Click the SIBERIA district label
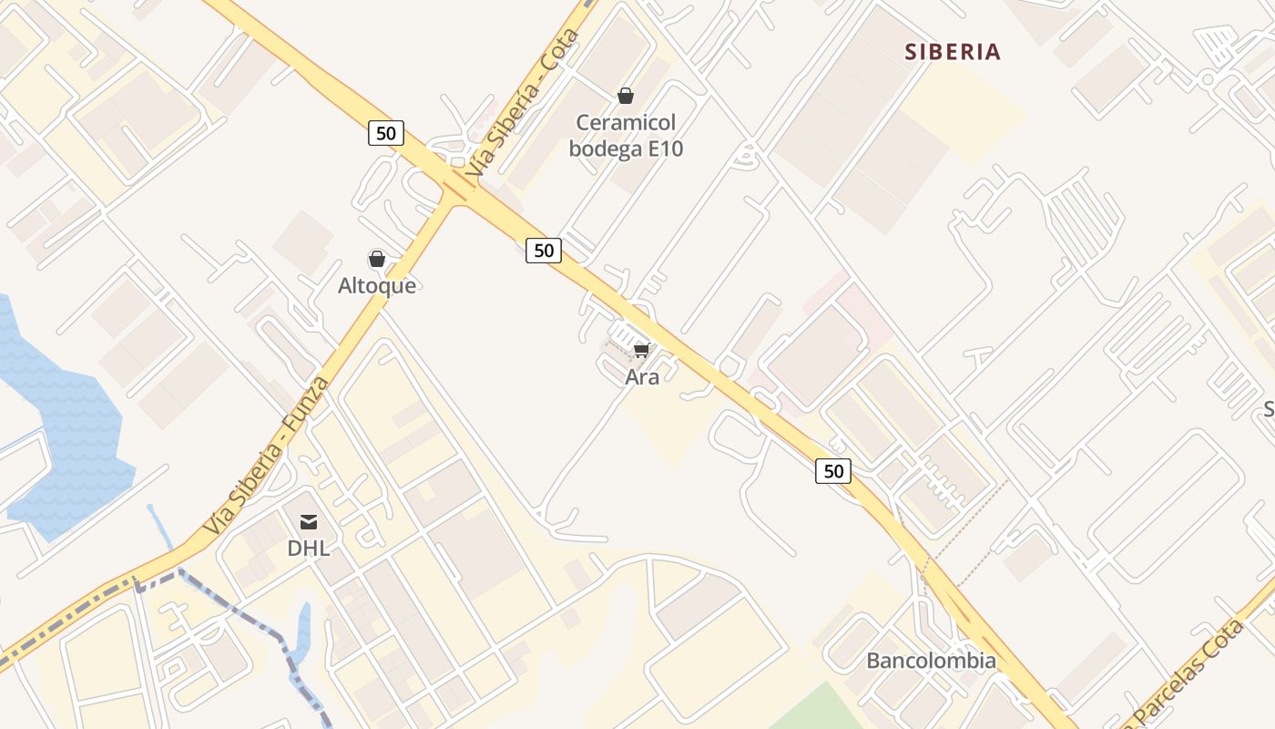(953, 52)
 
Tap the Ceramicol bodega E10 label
(626, 136)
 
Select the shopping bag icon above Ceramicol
(626, 96)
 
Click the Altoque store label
(377, 285)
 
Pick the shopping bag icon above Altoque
(377, 260)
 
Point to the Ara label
(642, 376)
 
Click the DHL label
(308, 549)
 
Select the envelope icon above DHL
(309, 522)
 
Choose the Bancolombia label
(931, 661)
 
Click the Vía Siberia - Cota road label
(522, 105)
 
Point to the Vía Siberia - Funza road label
(265, 456)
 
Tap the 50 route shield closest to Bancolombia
(833, 471)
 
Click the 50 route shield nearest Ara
(543, 251)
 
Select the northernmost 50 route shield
(386, 133)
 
